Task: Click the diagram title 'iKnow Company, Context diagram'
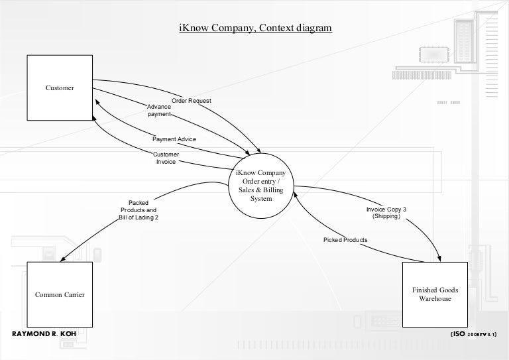255,28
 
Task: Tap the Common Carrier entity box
59,294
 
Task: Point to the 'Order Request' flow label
192,101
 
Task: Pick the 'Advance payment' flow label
158,110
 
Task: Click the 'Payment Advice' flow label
174,140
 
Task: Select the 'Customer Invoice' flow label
165,158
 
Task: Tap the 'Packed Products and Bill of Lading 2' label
139,210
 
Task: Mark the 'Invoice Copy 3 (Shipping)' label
386,213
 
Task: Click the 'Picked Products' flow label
345,239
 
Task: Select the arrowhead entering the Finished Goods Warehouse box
439,259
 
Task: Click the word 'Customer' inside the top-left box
60,88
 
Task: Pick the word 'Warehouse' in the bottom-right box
435,299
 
